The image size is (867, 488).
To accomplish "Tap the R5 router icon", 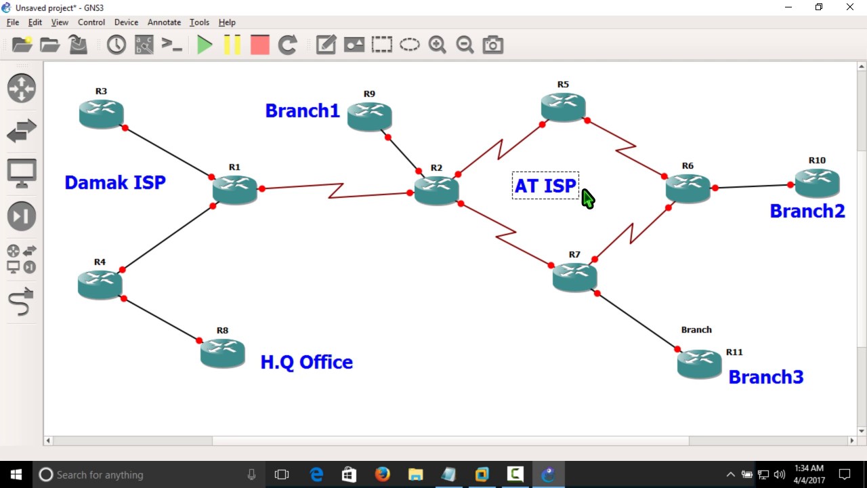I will pos(563,106).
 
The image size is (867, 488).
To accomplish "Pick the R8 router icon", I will pos(222,352).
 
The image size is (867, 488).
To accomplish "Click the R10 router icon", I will pos(817,182).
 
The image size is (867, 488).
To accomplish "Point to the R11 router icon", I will pos(699,364).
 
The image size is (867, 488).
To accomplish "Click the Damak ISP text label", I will pos(115,182).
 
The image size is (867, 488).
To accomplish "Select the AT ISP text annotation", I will pos(545,186).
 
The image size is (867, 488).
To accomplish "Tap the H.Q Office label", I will pos(306,362).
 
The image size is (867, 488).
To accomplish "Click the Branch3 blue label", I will pos(765,377).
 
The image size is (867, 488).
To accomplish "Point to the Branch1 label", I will pos(302,110).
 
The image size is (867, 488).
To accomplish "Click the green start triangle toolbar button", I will pos(204,45).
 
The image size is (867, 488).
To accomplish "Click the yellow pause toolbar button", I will pos(232,45).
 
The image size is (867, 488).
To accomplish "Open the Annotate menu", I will pos(164,22).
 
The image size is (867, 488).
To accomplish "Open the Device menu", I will pos(126,22).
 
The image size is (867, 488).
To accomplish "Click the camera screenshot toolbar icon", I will pos(492,45).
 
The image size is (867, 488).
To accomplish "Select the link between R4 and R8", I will pos(161,319).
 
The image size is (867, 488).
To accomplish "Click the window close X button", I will pos(849,7).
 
